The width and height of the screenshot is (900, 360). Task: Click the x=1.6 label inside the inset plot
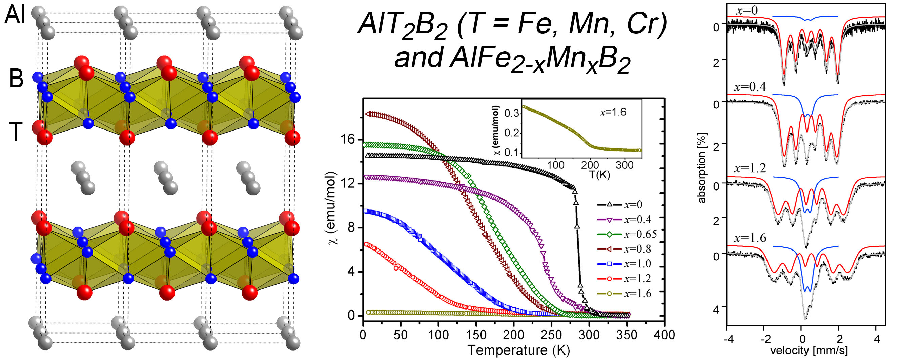[x=613, y=112]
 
